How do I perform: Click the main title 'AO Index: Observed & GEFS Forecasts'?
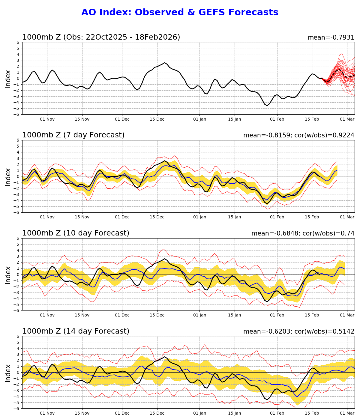click(180, 13)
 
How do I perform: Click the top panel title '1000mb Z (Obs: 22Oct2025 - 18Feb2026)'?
click(101, 37)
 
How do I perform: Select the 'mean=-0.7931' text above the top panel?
click(331, 37)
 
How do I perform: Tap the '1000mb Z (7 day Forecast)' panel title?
click(73, 135)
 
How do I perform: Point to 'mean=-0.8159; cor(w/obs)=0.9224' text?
click(298, 135)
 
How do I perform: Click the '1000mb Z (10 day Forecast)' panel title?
click(76, 233)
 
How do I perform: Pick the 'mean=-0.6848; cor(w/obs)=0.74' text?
click(303, 233)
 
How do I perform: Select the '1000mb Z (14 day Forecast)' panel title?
click(76, 331)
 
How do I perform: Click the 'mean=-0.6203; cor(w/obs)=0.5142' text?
click(298, 331)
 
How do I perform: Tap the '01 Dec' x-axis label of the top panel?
click(122, 119)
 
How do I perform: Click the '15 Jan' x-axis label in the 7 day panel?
click(235, 217)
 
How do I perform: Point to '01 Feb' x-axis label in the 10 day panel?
click(277, 315)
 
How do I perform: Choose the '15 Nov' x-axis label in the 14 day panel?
click(82, 413)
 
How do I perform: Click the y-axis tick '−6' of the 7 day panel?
click(17, 212)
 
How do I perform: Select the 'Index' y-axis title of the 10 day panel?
click(8, 274)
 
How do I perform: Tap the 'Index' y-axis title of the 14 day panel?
click(8, 373)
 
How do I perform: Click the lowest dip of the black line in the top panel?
click(267, 106)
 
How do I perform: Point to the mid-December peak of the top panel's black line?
click(164, 63)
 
